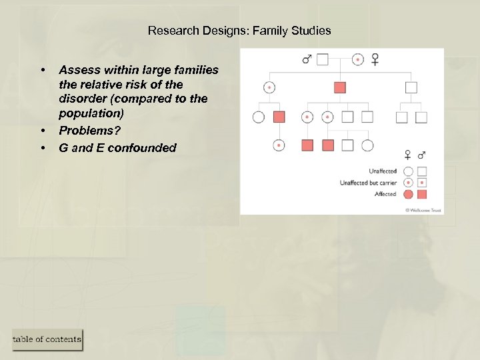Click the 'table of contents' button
[x=47, y=339]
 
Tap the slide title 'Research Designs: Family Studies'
[x=239, y=31]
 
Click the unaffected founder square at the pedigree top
[x=323, y=60]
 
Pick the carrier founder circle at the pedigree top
[x=358, y=60]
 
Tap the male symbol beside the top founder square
[x=307, y=60]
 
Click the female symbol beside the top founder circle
[x=375, y=60]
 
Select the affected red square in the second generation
[x=340, y=87]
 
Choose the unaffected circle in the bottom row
[x=367, y=145]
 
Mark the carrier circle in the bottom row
[x=279, y=145]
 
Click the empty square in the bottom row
[x=347, y=145]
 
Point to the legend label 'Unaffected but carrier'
[x=368, y=183]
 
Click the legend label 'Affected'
[x=385, y=194]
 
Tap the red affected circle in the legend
[x=408, y=194]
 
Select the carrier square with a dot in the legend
[x=421, y=183]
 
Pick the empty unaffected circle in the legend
[x=408, y=171]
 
